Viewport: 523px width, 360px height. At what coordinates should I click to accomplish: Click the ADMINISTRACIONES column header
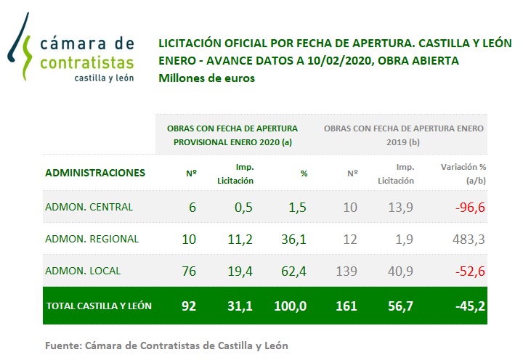click(95, 173)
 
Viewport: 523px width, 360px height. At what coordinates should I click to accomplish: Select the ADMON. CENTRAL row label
click(89, 207)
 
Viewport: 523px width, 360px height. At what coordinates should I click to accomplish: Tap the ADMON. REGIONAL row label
click(92, 239)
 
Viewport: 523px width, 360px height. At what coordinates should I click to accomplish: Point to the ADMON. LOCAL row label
click(83, 271)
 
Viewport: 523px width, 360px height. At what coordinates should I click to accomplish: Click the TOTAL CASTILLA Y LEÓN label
click(99, 306)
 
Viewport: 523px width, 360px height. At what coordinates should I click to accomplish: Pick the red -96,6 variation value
click(469, 207)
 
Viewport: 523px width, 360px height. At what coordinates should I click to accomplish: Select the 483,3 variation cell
click(470, 239)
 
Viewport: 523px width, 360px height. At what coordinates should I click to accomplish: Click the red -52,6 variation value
click(469, 271)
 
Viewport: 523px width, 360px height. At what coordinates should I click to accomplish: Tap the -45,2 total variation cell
click(469, 306)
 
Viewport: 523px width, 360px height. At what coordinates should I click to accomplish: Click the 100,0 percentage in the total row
click(291, 306)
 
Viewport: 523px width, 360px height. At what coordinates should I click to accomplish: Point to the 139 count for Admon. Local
click(348, 271)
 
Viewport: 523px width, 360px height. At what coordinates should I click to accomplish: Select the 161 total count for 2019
click(346, 306)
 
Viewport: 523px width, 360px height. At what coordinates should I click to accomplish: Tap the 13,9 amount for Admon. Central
click(402, 207)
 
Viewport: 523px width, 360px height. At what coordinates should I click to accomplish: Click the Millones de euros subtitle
click(206, 78)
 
